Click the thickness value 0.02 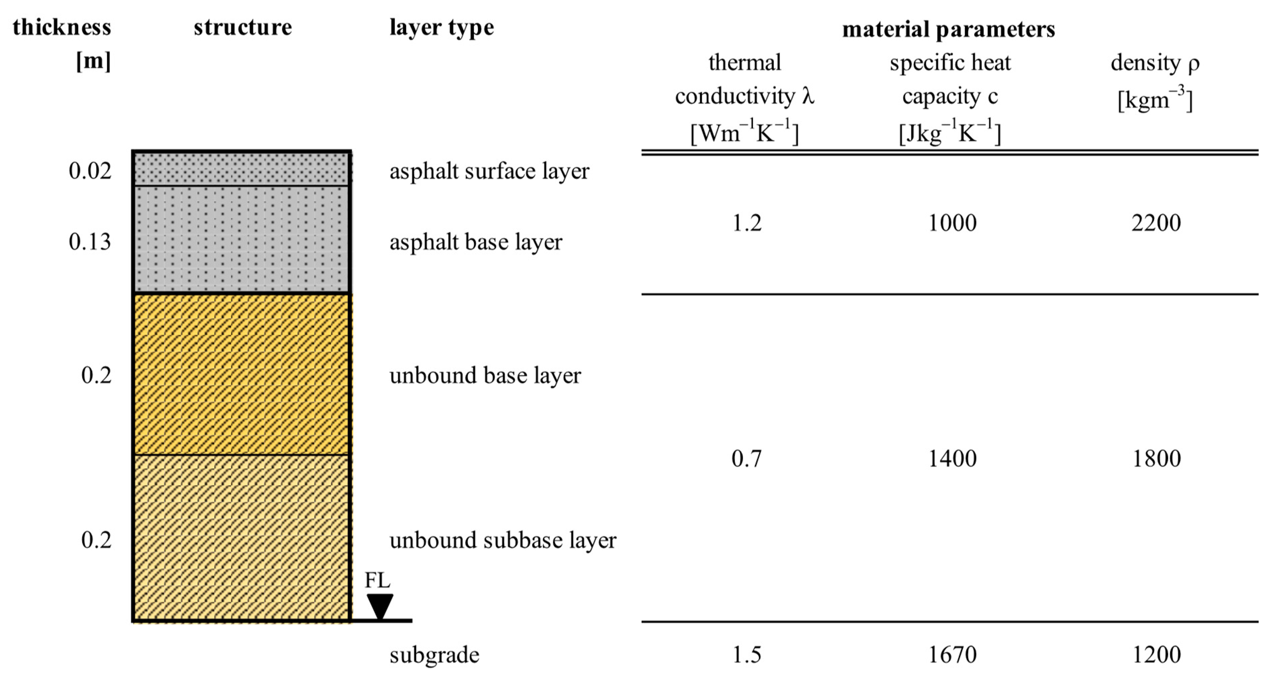(x=90, y=171)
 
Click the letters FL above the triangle (x=377, y=580)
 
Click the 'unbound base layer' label (x=485, y=376)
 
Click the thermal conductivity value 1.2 (x=747, y=223)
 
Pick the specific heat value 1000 (x=952, y=223)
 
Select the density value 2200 (x=1156, y=223)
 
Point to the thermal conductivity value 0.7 (x=747, y=459)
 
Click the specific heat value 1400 (x=952, y=459)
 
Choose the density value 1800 (x=1156, y=459)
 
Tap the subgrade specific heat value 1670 (x=952, y=655)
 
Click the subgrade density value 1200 (x=1156, y=655)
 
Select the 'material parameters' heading (x=948, y=30)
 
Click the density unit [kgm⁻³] (x=1155, y=100)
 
